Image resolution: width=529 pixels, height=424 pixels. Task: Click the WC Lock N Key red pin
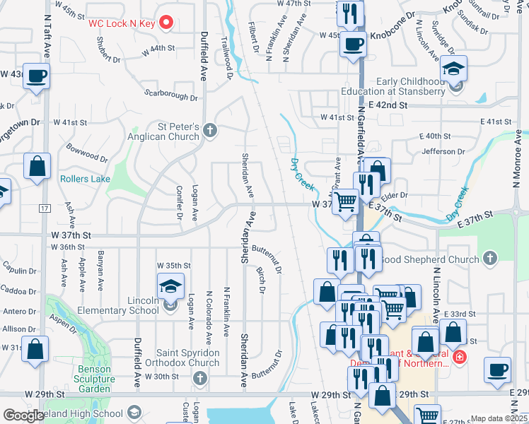(167, 23)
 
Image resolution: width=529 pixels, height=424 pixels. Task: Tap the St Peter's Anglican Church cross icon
(210, 130)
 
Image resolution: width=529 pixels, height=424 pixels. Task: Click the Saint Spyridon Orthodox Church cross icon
(199, 378)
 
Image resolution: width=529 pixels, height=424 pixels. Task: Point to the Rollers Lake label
(85, 179)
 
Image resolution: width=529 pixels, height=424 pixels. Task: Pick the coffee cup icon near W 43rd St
(36, 76)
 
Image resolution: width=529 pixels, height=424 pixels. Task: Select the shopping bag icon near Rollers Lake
(37, 167)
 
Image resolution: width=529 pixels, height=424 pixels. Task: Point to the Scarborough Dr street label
(170, 95)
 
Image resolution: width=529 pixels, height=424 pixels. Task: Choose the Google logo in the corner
(23, 416)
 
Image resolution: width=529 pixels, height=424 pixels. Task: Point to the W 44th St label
(157, 48)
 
